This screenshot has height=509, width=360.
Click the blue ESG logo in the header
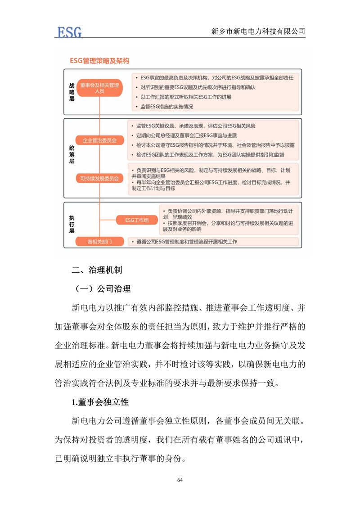tap(69, 32)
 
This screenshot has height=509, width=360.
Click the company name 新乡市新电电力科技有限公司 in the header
tap(258, 32)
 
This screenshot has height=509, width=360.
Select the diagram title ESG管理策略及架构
tap(99, 60)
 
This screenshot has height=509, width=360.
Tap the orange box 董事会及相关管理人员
tap(99, 88)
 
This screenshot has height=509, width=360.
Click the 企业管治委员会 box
tap(99, 141)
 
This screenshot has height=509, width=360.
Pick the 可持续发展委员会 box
tap(99, 179)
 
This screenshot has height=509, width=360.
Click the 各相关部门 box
tap(99, 242)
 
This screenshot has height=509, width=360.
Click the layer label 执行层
tap(72, 224)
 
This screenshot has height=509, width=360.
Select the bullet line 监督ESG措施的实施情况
tap(166, 107)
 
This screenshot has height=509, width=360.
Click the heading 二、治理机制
tap(97, 270)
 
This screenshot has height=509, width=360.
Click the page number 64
tap(180, 480)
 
